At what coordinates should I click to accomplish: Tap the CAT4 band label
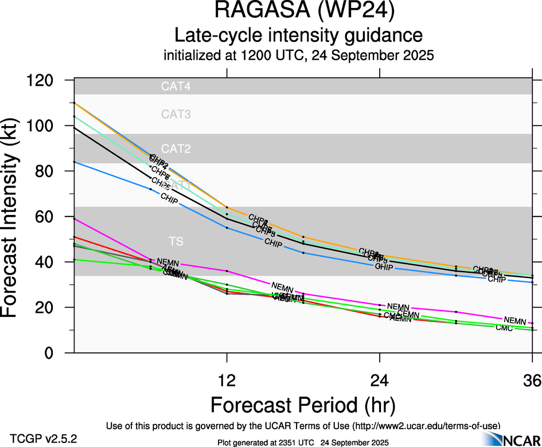(x=176, y=87)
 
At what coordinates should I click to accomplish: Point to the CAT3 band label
(x=176, y=115)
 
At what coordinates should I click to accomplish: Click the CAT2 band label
(x=176, y=149)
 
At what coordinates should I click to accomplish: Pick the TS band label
(x=176, y=241)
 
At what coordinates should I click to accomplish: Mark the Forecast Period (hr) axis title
(x=303, y=405)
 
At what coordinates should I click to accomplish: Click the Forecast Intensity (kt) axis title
(x=16, y=217)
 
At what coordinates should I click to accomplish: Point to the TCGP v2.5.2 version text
(x=43, y=439)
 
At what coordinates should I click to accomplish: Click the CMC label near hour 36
(x=504, y=327)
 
